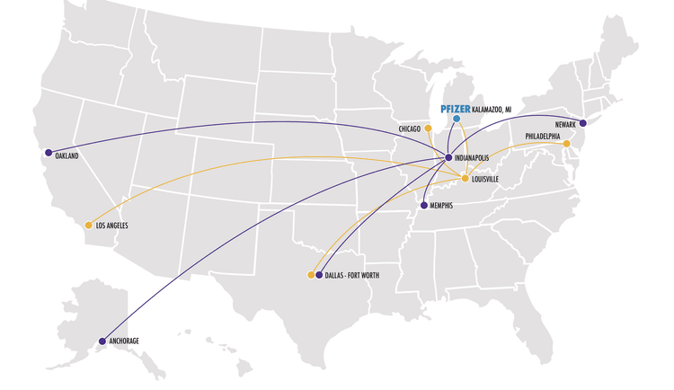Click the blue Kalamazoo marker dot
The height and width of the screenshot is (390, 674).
(x=457, y=119)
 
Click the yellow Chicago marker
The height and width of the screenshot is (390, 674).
(x=428, y=129)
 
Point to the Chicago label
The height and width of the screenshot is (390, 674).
(x=410, y=129)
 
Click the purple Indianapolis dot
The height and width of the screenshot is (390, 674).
(x=448, y=158)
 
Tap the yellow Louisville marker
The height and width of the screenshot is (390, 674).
(x=465, y=179)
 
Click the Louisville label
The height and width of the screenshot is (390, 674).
(x=491, y=179)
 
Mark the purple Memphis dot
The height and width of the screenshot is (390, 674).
(x=423, y=206)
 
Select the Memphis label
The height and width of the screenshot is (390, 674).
(x=444, y=206)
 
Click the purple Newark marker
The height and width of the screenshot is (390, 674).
(x=582, y=123)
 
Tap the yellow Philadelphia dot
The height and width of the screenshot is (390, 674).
(x=566, y=144)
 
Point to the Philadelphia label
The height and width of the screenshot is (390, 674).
(x=544, y=136)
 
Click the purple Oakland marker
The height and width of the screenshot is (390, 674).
(x=48, y=153)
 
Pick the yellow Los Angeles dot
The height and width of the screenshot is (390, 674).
(x=88, y=225)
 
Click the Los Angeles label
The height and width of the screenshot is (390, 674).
(x=113, y=226)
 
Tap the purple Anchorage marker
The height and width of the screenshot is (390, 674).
(x=101, y=341)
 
